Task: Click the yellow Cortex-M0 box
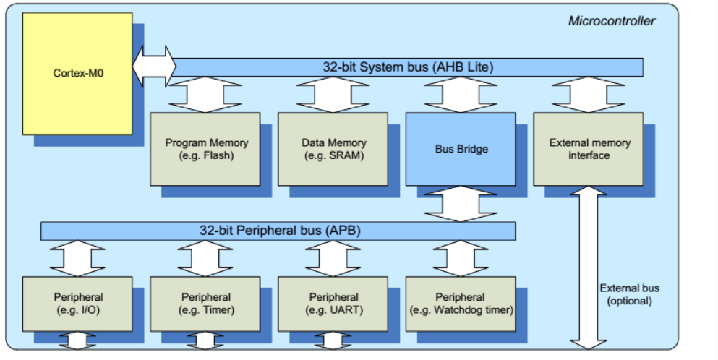(x=78, y=73)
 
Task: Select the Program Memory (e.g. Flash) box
(x=205, y=148)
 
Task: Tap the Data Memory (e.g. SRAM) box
(x=333, y=148)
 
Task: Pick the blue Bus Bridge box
(x=461, y=149)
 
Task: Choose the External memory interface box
(x=589, y=148)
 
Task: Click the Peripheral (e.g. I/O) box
(x=77, y=304)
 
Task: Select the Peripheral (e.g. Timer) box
(x=205, y=304)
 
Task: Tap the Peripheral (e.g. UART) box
(x=333, y=304)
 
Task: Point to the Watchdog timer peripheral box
(x=461, y=304)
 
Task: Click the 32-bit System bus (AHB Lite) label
(x=408, y=67)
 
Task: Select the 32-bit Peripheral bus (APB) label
(x=279, y=231)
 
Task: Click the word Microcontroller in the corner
(x=612, y=20)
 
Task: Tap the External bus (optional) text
(x=629, y=294)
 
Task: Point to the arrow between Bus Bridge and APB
(x=461, y=204)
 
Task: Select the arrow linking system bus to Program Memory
(x=205, y=94)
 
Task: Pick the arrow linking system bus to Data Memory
(x=333, y=94)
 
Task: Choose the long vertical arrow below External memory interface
(x=589, y=267)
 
